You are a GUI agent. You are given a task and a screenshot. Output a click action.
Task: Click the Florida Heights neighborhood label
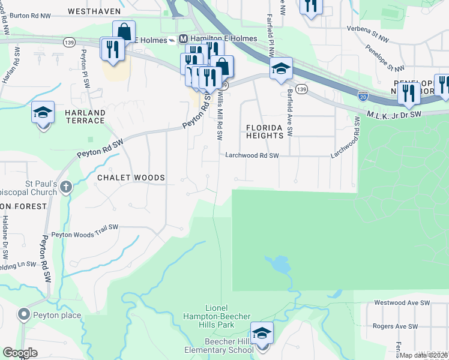click(264, 131)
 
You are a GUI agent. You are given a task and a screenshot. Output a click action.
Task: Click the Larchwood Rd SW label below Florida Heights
click(253, 155)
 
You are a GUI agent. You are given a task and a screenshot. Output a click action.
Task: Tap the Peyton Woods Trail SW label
click(85, 235)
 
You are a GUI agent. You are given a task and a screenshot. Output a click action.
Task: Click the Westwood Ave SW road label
click(402, 303)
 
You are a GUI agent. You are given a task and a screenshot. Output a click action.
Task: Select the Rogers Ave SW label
click(395, 326)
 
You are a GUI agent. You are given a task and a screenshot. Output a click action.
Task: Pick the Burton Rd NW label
click(29, 15)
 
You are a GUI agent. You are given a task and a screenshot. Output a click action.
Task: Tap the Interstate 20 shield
click(363, 95)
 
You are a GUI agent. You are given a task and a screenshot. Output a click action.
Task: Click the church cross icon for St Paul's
click(65, 187)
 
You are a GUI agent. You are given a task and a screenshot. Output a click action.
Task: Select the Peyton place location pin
click(23, 314)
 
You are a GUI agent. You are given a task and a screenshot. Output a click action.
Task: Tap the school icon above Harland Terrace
click(43, 113)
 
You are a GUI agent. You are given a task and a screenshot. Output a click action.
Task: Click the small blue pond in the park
click(278, 263)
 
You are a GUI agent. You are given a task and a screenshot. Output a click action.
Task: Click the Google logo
click(20, 353)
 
